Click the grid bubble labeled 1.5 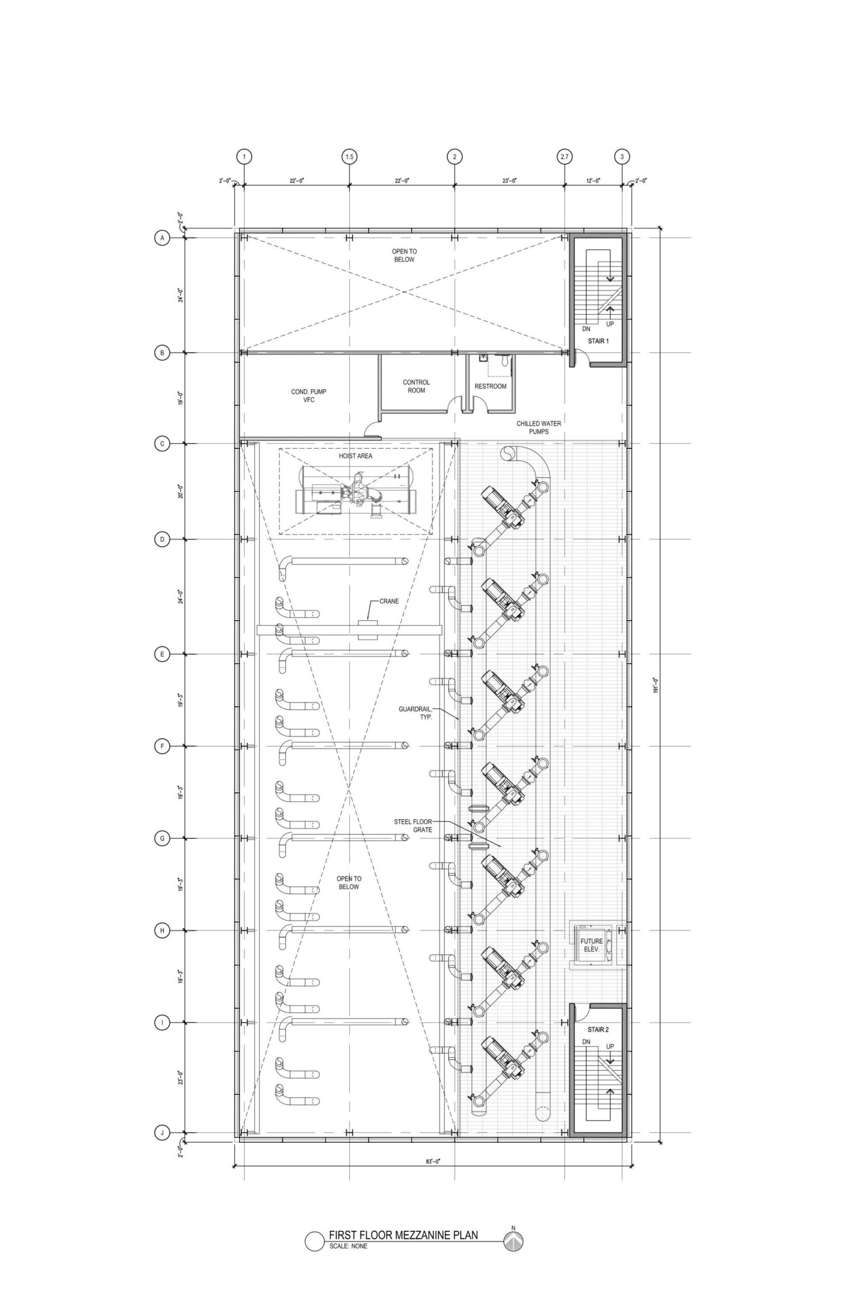[349, 157]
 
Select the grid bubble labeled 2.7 [564, 157]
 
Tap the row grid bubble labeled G [162, 838]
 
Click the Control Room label [416, 386]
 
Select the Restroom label [491, 386]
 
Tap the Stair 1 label [598, 341]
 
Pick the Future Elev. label [592, 945]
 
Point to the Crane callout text [389, 601]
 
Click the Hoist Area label [355, 456]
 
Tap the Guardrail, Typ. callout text [415, 713]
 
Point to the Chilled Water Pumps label [538, 428]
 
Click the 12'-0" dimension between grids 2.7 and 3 [593, 180]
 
